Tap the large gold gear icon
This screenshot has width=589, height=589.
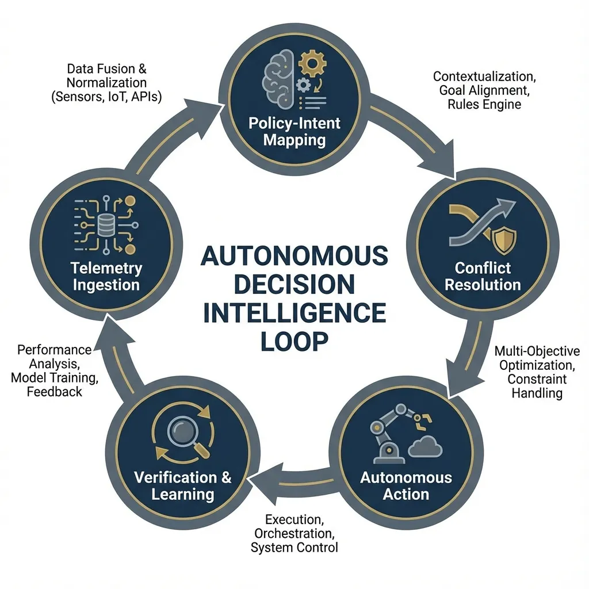point(312,63)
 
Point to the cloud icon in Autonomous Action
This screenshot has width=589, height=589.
point(425,446)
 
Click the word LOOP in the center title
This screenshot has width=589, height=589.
point(294,341)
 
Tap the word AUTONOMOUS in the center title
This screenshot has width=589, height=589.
point(294,255)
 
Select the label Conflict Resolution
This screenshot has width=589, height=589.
point(483,277)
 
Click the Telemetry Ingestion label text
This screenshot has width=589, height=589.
point(106,277)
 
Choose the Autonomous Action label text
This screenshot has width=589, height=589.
point(406,485)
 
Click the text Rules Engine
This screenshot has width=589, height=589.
point(484,104)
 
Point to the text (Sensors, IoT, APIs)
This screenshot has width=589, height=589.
point(106,97)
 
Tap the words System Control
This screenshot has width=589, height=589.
point(294,548)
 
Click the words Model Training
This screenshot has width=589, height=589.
point(55,377)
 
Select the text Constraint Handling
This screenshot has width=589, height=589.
point(537,386)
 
